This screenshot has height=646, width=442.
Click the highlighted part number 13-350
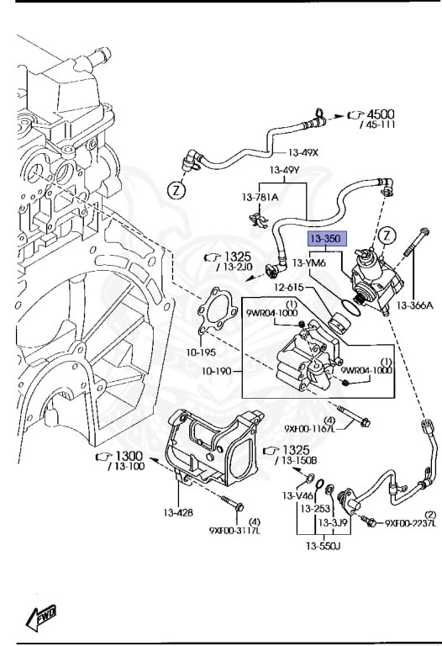[325, 240]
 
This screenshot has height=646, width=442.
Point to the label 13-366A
[414, 305]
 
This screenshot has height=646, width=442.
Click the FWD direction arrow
[39, 618]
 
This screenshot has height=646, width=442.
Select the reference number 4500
[379, 114]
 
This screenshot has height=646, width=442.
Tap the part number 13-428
[179, 512]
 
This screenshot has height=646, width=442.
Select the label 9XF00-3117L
[234, 531]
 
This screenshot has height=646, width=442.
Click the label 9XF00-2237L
[411, 523]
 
